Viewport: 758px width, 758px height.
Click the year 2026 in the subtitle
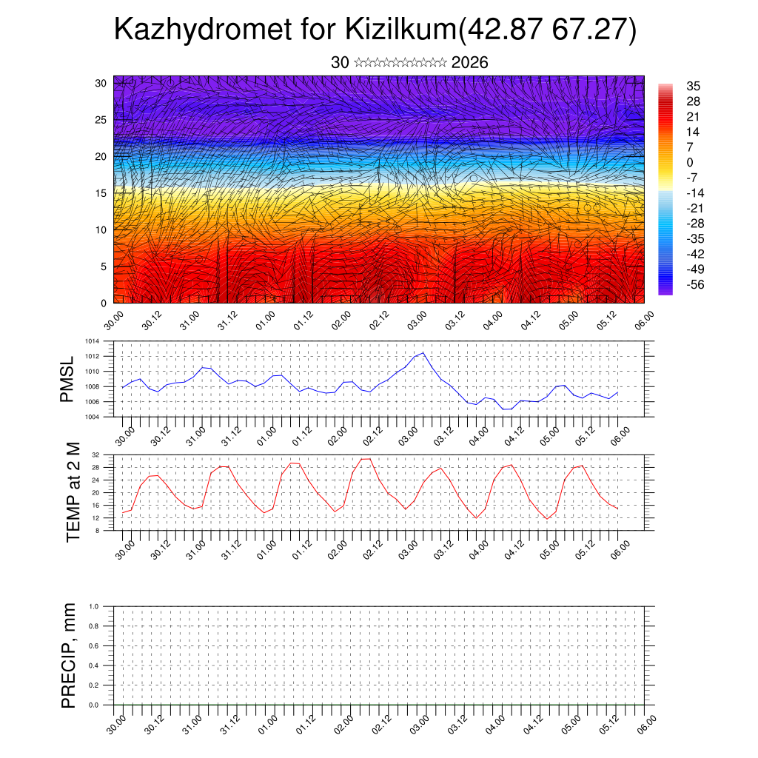469,63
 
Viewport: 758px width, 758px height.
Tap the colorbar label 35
694,86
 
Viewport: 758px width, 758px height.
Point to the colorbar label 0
690,162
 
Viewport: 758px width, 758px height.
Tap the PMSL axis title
67,379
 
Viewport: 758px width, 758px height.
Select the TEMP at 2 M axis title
73,492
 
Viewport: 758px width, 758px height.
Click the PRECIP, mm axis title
69,656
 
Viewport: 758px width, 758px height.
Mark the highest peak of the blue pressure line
423,353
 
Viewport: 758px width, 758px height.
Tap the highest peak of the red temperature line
366,459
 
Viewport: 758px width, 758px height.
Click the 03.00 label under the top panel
417,321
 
